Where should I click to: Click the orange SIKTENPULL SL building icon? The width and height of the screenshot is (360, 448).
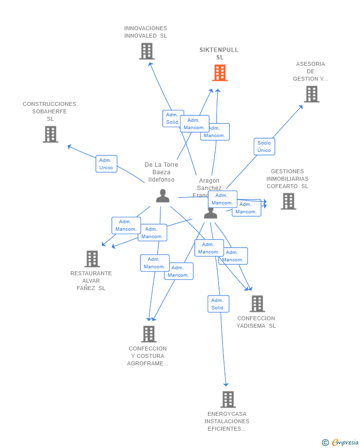point(220,73)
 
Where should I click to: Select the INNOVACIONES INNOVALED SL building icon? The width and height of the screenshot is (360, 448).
point(146,51)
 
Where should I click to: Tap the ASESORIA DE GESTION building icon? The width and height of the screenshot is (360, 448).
point(312,94)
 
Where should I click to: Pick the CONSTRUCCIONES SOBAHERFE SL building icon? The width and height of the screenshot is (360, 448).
point(50,134)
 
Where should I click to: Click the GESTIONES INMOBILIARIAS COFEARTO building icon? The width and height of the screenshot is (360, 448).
point(288,201)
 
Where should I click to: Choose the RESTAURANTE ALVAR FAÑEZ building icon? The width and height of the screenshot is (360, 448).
point(92,258)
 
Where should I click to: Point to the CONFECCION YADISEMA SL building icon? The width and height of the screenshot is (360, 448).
point(257,303)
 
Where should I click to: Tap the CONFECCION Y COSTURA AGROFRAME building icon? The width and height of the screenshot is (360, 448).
point(148,334)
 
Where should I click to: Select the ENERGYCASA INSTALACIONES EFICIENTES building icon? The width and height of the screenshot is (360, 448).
point(227,399)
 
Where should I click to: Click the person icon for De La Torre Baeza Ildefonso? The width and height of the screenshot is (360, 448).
point(163,196)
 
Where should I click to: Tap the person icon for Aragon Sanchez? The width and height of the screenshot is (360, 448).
point(211,213)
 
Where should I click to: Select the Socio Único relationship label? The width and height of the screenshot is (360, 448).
point(264,147)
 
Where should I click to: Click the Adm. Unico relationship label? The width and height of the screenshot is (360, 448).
point(106,164)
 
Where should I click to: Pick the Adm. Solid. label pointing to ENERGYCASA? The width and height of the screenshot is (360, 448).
point(218,304)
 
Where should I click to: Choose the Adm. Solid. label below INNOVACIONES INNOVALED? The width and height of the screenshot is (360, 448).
point(173,118)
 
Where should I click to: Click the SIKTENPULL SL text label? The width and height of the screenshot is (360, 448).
point(219,53)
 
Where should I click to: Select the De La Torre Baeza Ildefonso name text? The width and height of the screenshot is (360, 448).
point(161,172)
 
